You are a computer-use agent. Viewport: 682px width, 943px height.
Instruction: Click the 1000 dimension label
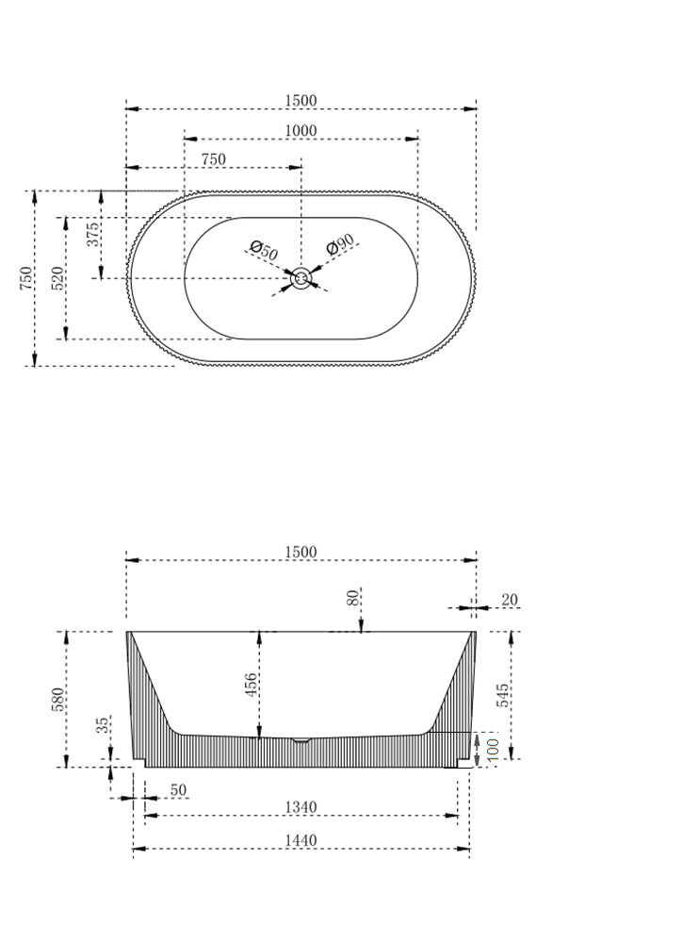click(x=301, y=131)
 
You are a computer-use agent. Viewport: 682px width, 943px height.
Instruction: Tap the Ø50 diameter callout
click(x=265, y=251)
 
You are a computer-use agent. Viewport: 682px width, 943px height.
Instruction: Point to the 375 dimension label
click(x=94, y=234)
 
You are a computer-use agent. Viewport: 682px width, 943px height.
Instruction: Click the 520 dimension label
click(x=57, y=279)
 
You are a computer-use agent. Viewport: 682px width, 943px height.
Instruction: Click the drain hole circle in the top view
click(x=301, y=278)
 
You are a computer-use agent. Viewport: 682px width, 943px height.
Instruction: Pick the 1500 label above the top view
click(x=301, y=101)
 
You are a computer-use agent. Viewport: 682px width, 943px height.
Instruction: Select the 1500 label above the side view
click(x=301, y=553)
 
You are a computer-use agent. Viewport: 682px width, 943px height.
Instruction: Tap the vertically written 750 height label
click(x=26, y=278)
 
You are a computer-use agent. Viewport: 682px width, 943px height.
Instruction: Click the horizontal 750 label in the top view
click(x=213, y=159)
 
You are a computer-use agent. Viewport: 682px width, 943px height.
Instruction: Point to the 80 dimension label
click(x=353, y=598)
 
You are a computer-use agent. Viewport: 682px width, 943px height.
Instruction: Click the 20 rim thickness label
click(x=510, y=600)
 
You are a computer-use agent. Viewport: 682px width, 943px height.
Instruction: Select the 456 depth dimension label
click(x=252, y=684)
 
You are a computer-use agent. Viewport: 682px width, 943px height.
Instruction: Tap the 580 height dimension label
click(x=57, y=699)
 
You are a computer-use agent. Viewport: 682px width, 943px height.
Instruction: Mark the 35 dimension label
click(x=103, y=726)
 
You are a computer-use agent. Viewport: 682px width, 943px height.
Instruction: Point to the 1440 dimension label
click(x=301, y=840)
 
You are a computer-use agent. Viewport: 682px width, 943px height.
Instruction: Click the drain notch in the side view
click(x=300, y=740)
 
